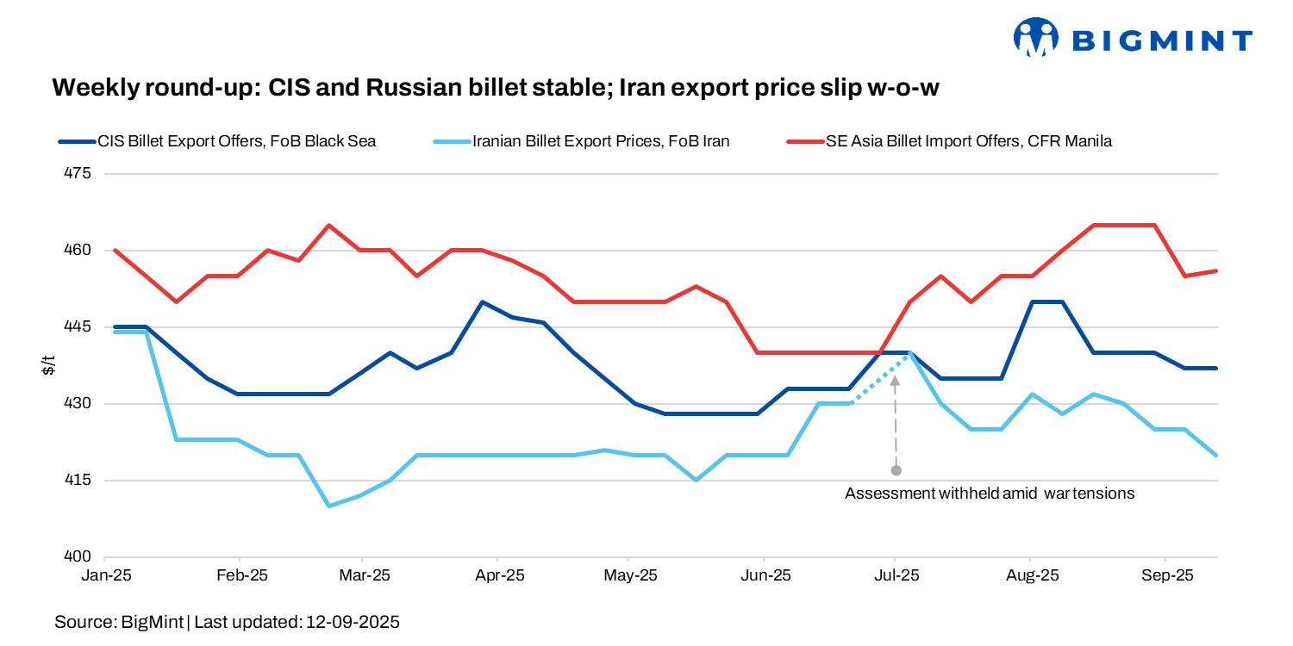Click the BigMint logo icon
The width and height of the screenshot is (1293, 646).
click(x=1035, y=38)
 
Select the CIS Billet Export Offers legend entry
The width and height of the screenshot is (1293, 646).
click(x=215, y=141)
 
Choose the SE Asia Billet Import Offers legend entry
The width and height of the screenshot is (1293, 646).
click(x=957, y=141)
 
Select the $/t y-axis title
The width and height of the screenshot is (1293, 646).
click(x=49, y=365)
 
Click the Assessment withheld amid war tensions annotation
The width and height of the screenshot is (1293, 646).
click(x=990, y=494)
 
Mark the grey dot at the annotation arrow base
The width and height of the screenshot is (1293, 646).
click(x=896, y=470)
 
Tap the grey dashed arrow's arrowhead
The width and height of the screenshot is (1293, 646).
click(x=896, y=380)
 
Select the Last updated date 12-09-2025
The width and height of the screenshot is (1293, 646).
click(x=353, y=621)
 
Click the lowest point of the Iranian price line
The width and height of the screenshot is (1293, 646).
click(x=328, y=506)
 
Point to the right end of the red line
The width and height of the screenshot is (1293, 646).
click(x=1216, y=270)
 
